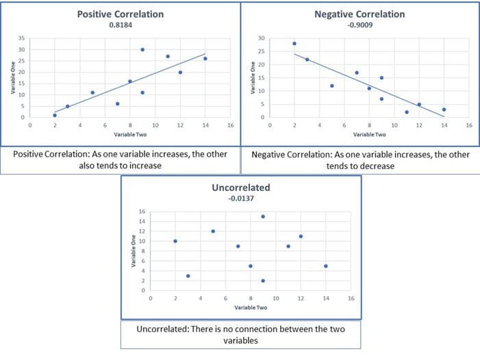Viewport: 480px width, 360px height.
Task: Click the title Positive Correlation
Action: (x=121, y=14)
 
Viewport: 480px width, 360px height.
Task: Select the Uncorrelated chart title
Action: (x=240, y=186)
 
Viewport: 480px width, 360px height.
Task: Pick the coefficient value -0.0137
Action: (x=240, y=197)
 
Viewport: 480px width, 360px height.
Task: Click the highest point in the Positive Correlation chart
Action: (x=142, y=49)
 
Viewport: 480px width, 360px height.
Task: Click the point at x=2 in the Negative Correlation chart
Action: (x=294, y=43)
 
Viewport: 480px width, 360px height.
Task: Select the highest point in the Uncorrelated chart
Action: (x=263, y=216)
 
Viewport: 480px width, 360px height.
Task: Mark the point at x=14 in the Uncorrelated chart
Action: (x=325, y=266)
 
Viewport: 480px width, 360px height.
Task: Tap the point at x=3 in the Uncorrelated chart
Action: (x=188, y=276)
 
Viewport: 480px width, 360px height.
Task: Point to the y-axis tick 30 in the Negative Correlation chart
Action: (x=260, y=38)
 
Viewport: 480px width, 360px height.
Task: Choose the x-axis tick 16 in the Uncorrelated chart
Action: (x=351, y=299)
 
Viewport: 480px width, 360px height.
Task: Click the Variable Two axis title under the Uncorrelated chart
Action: (x=251, y=309)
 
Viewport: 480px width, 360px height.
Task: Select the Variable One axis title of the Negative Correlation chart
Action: (x=253, y=77)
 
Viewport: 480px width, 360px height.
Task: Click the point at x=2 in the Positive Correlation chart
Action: (x=55, y=115)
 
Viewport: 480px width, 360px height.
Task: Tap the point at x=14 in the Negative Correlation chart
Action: (x=444, y=110)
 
